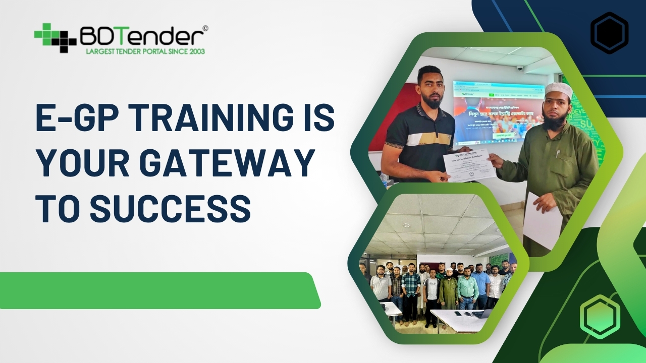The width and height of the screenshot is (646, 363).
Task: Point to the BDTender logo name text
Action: coord(141,36)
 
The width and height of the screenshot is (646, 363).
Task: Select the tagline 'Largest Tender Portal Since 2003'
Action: coord(145,51)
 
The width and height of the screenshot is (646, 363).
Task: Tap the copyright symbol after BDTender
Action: coord(205,29)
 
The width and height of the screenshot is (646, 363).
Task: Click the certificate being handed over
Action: coord(469,164)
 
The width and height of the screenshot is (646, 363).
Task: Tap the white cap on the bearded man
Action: coord(559,90)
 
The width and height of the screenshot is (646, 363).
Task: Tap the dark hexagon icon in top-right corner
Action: coord(609,33)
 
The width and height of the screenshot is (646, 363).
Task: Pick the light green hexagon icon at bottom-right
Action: coord(600,317)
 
